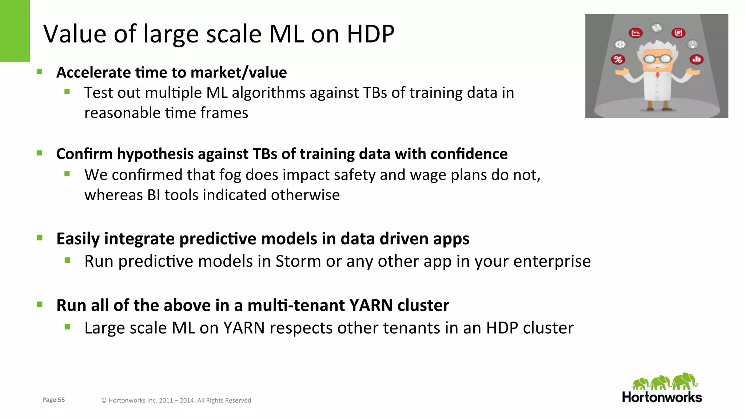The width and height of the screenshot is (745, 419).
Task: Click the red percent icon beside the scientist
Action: (x=618, y=59)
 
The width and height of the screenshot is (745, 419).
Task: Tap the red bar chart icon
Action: (x=697, y=59)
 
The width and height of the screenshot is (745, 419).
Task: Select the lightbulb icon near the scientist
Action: (x=693, y=44)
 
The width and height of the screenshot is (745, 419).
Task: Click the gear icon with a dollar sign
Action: (x=620, y=44)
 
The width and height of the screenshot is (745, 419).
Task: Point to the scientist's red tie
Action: (x=658, y=75)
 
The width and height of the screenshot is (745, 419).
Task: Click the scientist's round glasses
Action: (x=658, y=59)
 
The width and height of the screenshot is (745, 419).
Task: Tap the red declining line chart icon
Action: (x=636, y=33)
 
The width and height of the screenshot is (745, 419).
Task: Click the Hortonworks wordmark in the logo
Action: (x=662, y=397)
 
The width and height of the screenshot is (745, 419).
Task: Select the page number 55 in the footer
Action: (x=61, y=400)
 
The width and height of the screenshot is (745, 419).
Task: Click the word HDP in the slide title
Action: (x=370, y=34)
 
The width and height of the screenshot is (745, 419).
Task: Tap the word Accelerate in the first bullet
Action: (x=93, y=73)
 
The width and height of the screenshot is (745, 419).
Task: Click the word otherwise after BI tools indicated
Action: (x=305, y=195)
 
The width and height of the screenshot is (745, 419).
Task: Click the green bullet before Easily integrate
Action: (x=40, y=238)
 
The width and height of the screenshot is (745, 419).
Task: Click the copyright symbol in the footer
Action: (x=104, y=400)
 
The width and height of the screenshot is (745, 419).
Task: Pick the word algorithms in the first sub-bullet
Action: (x=268, y=93)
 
